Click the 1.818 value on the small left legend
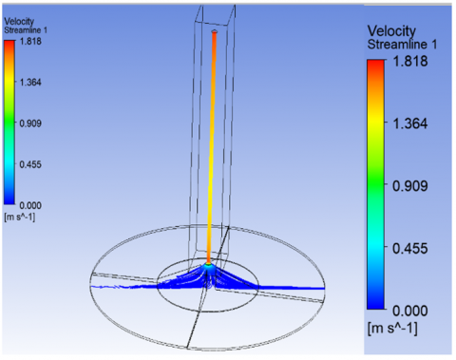pyautogui.click(x=30, y=41)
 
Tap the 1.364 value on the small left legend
pyautogui.click(x=30, y=83)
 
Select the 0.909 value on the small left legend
pyautogui.click(x=30, y=123)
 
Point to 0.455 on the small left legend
pyautogui.click(x=30, y=164)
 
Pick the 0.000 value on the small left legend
pyautogui.click(x=30, y=205)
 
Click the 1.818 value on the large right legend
pyautogui.click(x=410, y=61)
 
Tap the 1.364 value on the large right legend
pyautogui.click(x=410, y=123)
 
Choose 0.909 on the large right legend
pyautogui.click(x=410, y=185)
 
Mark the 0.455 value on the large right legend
pyautogui.click(x=410, y=248)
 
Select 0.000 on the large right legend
pyautogui.click(x=410, y=311)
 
